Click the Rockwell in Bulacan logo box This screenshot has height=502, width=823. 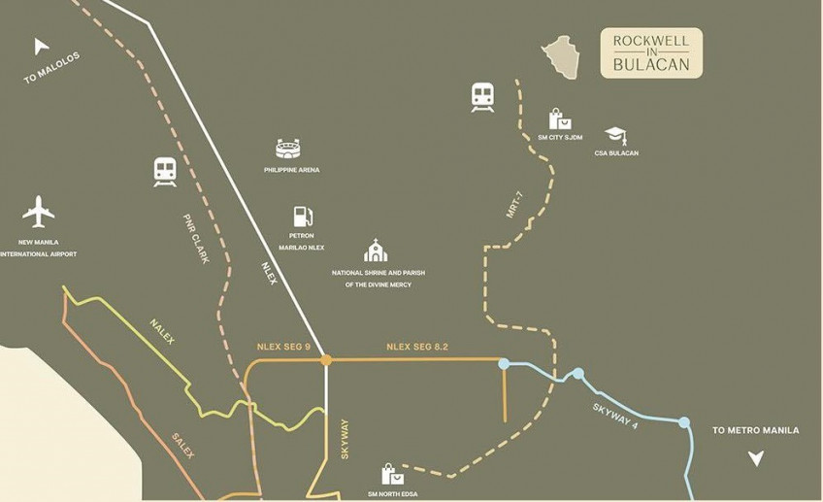(651, 53)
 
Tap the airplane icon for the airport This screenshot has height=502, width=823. (39, 211)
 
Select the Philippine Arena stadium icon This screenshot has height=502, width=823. (291, 149)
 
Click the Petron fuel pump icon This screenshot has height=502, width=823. (301, 217)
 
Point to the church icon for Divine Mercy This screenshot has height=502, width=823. (376, 251)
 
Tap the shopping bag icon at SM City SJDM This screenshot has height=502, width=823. (560, 119)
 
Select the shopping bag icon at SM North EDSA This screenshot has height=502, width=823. (392, 474)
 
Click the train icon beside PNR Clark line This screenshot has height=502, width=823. (165, 172)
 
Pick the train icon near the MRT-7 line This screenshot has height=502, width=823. (482, 97)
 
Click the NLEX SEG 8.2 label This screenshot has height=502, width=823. (417, 346)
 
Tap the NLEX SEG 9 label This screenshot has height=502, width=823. (283, 346)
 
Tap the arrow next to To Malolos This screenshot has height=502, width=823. (41, 46)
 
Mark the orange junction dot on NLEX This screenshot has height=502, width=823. (326, 360)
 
